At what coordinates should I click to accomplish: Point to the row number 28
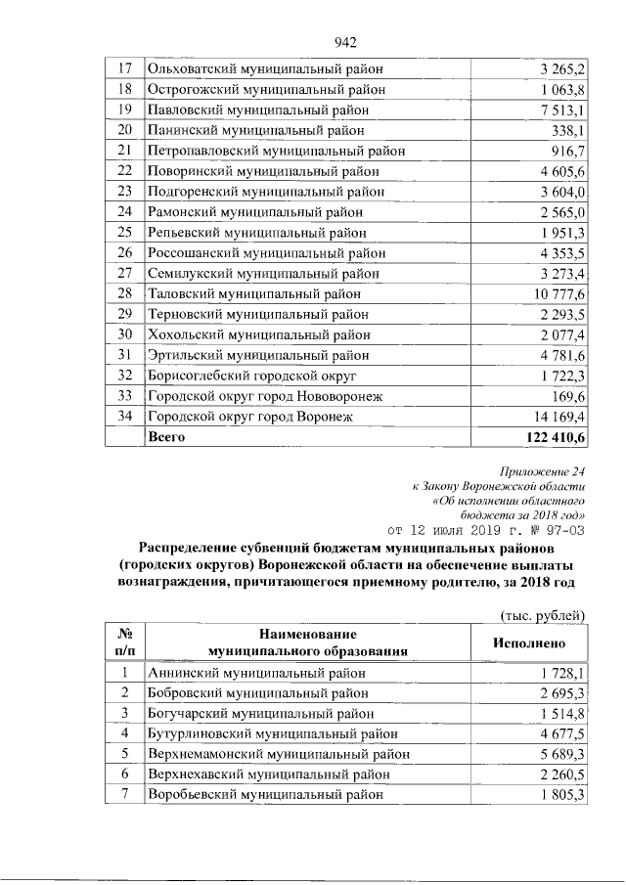coord(124,293)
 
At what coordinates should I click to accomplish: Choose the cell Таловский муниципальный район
coord(253,293)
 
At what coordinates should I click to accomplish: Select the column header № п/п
coord(124,642)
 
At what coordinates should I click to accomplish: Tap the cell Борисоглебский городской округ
coord(252,376)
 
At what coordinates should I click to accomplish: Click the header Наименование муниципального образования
coord(307,642)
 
